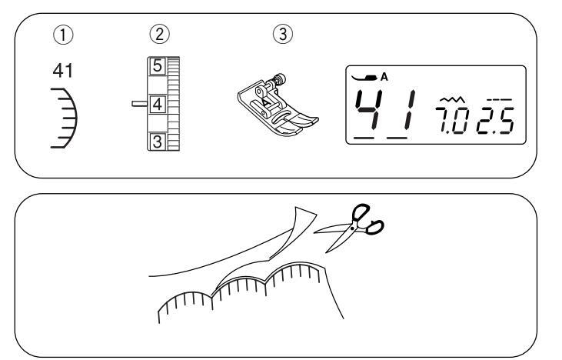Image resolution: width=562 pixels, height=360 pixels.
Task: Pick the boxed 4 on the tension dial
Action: (x=156, y=102)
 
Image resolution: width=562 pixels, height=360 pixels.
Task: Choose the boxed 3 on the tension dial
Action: (x=156, y=140)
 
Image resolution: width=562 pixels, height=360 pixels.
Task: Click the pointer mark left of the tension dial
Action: (x=138, y=102)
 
